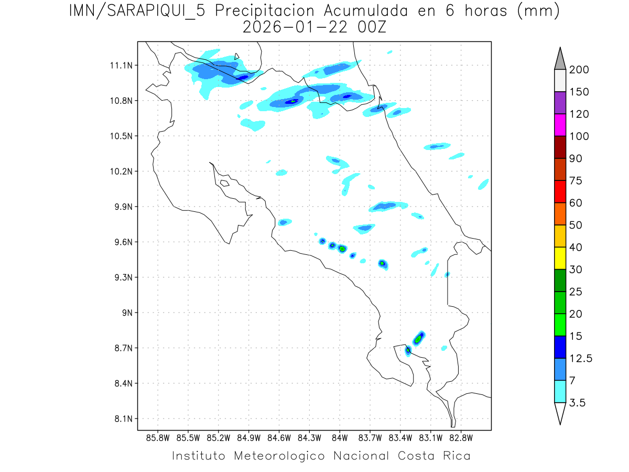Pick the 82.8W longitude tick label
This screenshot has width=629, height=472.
(461, 438)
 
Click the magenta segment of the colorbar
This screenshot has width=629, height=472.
(560, 125)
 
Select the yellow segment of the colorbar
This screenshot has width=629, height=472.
(560, 258)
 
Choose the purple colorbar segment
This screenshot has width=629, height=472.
(560, 103)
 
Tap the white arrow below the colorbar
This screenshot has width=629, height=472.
(560, 413)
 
